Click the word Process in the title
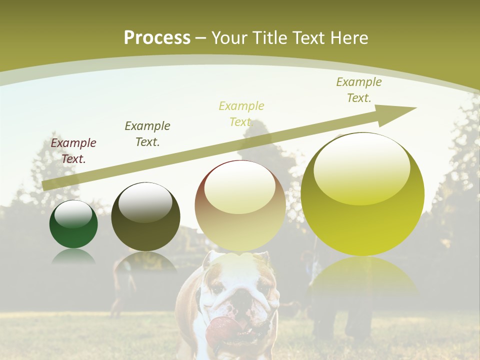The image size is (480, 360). [157, 38]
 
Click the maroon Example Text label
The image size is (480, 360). [73, 151]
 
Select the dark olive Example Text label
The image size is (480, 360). [147, 134]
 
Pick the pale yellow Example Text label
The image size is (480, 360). [241, 114]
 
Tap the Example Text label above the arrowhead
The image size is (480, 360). [358, 90]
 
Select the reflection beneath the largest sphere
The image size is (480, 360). [362, 275]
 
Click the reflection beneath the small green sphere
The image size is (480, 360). [73, 257]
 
